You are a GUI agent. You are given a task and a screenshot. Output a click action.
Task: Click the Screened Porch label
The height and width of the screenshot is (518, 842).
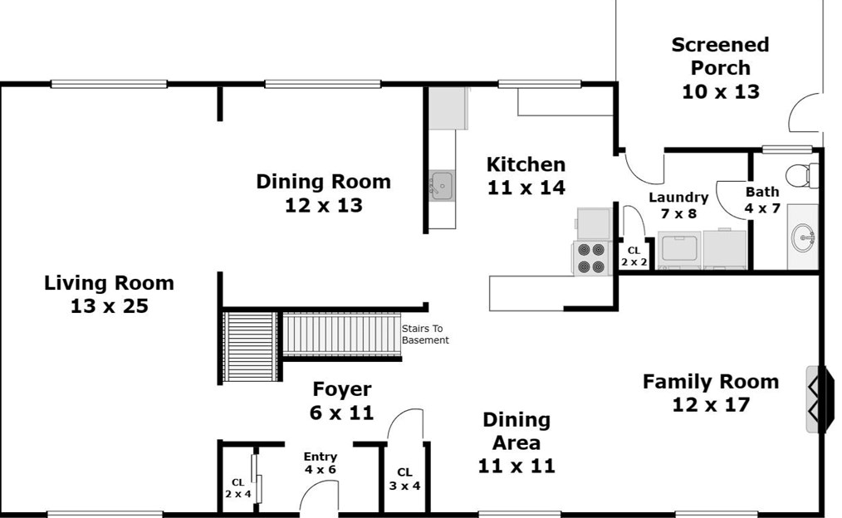[720, 67]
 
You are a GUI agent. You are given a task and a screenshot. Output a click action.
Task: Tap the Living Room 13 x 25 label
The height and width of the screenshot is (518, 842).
[109, 294]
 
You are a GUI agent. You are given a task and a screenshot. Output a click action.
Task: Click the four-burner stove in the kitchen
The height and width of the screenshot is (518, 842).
[591, 258]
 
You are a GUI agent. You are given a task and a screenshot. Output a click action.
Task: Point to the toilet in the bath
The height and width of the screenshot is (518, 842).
[801, 175]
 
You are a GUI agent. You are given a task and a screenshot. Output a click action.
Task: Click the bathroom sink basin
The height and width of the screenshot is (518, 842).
[803, 237]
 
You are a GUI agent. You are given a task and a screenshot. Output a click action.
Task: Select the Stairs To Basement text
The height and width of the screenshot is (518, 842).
[425, 334]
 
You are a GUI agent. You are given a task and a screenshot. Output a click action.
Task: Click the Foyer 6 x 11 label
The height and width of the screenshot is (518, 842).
[342, 400]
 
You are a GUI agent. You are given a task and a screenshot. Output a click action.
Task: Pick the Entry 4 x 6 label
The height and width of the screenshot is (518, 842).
[320, 462]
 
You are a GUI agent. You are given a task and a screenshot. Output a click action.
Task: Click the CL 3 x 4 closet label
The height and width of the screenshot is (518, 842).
[405, 479]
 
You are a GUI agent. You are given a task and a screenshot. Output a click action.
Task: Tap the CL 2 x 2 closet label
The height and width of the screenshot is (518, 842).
[634, 257]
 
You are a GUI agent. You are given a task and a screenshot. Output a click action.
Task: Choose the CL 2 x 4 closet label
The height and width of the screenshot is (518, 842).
[237, 488]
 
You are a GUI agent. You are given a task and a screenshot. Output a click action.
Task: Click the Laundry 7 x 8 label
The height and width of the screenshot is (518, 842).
[678, 205]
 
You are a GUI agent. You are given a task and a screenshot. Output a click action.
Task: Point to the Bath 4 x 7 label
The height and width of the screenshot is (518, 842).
[762, 200]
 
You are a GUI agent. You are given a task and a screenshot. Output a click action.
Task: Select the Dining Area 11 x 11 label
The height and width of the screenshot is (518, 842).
[516, 442]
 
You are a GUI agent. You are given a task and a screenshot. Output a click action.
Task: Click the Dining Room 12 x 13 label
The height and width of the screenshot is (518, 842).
[323, 193]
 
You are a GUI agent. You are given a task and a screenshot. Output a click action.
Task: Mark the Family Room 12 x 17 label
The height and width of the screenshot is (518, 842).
[711, 393]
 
